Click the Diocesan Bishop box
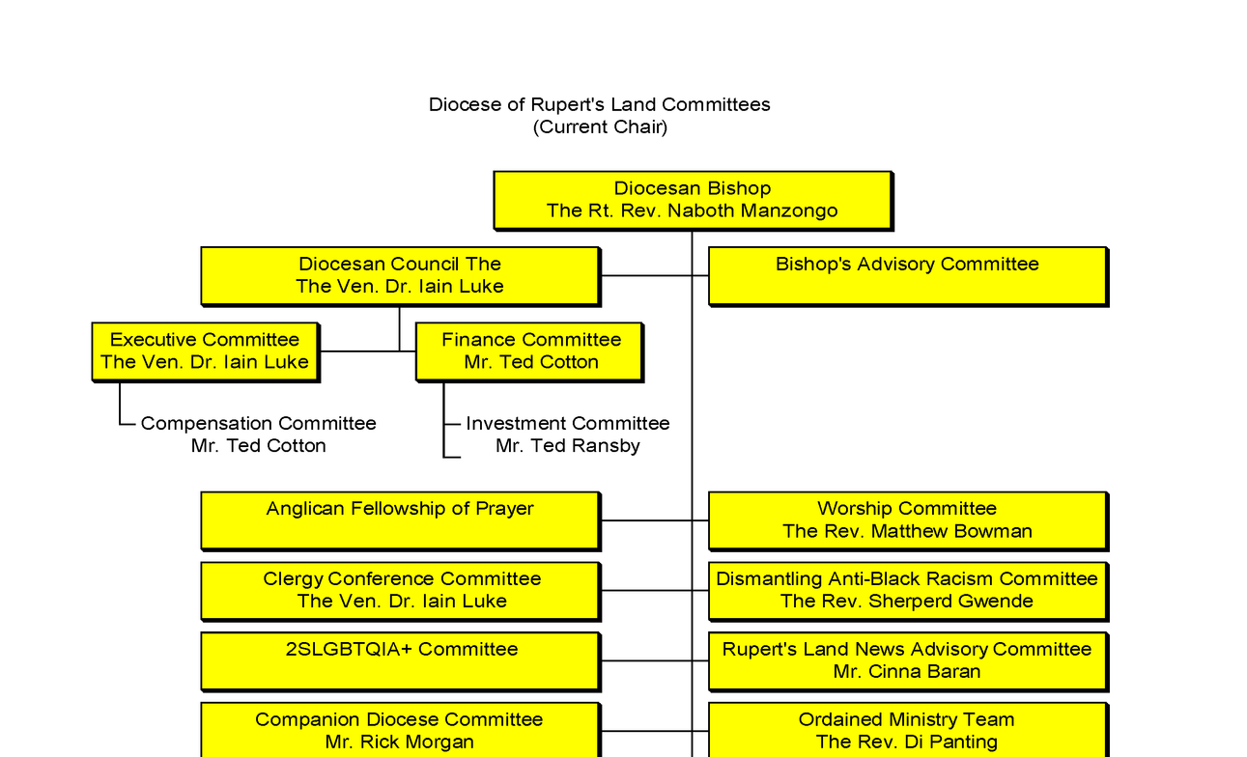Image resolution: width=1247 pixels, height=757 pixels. [692, 200]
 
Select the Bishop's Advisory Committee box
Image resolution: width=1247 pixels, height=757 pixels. [907, 276]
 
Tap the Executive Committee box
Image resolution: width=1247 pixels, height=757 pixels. [205, 351]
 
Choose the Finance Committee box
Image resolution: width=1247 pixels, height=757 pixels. [529, 351]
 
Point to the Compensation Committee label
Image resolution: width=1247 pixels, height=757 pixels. [258, 424]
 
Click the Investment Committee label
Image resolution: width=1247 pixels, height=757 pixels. [567, 424]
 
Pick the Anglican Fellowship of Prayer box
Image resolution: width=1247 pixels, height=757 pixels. [400, 520]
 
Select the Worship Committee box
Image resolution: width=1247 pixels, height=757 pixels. [907, 520]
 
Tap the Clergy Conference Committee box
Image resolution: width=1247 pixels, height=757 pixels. [400, 590]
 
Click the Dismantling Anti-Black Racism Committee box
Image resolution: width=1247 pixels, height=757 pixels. [907, 590]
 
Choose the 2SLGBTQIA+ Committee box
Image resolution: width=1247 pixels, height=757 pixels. [400, 660]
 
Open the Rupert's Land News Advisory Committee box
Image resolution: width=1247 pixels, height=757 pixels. [907, 660]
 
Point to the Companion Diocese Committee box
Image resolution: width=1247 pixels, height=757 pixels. [400, 731]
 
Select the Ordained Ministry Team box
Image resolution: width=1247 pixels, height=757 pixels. [907, 731]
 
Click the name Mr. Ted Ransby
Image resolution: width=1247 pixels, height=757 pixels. [567, 446]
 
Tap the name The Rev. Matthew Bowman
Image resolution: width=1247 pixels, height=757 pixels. [907, 532]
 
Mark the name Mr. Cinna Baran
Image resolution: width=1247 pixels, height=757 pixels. [907, 672]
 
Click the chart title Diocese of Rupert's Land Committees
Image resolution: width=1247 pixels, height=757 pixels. [600, 104]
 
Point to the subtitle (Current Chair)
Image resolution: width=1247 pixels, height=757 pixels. [600, 126]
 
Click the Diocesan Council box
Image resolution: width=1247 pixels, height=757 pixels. [400, 276]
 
